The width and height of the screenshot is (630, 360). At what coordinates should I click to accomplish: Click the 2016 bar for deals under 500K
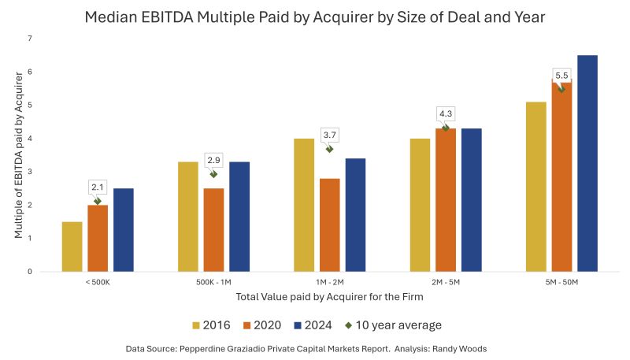tap(72, 247)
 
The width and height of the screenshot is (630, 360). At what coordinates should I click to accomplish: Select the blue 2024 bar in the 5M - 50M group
tap(587, 163)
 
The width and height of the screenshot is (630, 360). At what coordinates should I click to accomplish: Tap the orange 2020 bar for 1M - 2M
tap(330, 225)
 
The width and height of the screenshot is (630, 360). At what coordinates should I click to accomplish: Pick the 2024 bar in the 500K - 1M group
tap(239, 217)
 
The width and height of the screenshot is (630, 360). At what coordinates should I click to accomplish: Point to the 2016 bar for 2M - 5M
tap(421, 205)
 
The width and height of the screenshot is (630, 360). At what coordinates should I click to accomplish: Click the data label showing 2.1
tap(98, 187)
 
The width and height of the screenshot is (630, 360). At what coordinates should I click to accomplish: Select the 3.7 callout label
tap(330, 135)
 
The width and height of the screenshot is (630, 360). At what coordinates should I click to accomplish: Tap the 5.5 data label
tap(561, 76)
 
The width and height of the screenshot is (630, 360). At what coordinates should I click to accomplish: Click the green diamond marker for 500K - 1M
tap(213, 174)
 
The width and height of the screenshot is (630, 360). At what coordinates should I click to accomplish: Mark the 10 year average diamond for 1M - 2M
tap(329, 148)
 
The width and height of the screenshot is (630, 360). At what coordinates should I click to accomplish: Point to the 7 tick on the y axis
tap(29, 38)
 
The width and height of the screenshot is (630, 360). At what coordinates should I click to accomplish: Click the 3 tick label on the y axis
tap(29, 172)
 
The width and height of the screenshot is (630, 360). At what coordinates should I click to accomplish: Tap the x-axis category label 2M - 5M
tap(446, 282)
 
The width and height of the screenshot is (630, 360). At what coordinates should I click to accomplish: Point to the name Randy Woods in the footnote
tap(472, 347)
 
